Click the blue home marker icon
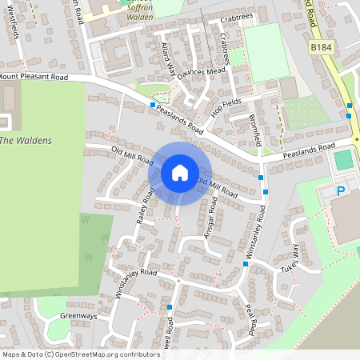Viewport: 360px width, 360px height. pyautogui.click(x=179, y=172)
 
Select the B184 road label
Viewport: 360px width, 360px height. pyautogui.click(x=320, y=49)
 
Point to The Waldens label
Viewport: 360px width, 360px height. pyautogui.click(x=26, y=141)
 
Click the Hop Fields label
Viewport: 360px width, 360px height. pyautogui.click(x=226, y=110)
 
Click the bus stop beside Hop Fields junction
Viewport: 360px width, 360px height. pyautogui.click(x=152, y=105)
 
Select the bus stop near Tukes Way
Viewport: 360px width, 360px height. pyautogui.click(x=246, y=263)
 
